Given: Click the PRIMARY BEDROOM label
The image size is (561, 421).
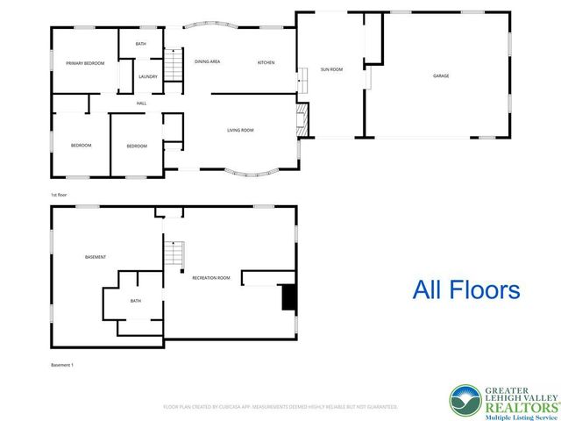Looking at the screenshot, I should click(85, 62).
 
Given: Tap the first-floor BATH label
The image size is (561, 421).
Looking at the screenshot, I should click(140, 44).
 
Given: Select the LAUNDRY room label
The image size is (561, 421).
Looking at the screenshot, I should click(148, 76).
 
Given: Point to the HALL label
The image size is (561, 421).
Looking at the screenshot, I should click(141, 103).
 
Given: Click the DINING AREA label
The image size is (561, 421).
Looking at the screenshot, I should click(207, 61).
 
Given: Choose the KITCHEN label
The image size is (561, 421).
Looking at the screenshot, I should click(266, 61).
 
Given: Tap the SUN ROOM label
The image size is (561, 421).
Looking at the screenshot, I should click(330, 68).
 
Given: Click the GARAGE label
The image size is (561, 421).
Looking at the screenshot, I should click(441, 75).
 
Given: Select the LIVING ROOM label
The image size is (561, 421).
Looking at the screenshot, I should click(240, 130).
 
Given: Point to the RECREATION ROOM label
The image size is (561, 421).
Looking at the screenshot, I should click(211, 277).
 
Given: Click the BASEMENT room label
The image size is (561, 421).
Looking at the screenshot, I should click(96, 257).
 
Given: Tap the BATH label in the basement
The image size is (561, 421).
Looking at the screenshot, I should click(136, 301).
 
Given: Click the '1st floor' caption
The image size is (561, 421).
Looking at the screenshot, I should click(60, 194).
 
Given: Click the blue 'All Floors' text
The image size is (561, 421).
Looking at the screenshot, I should click(466, 289).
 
